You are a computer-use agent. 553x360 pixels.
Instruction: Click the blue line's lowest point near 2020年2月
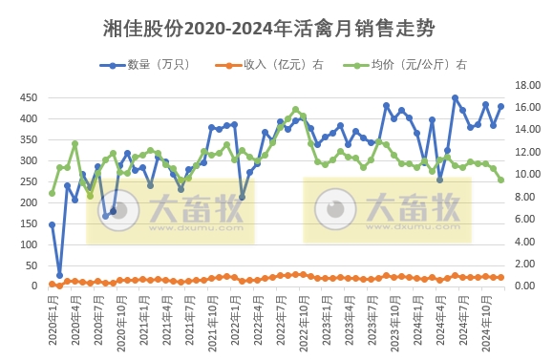pos(59,275)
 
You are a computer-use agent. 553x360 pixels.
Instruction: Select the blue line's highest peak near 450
pos(455,97)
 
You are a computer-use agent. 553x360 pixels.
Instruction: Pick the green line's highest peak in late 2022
pos(295,109)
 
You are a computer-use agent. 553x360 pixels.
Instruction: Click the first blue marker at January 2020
pos(52,224)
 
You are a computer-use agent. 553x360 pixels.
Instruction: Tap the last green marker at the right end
pos(500,180)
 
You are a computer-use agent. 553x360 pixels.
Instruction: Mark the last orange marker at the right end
pos(500,277)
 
